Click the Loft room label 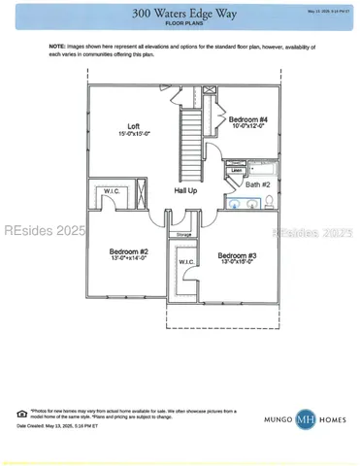pyautogui.click(x=134, y=126)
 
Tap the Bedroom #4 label pyautogui.click(x=247, y=118)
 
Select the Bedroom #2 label pyautogui.click(x=129, y=251)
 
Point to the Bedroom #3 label pyautogui.click(x=238, y=255)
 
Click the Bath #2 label pyautogui.click(x=257, y=183)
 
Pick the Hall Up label pyautogui.click(x=185, y=191)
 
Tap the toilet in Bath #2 pyautogui.click(x=269, y=202)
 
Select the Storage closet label pyautogui.click(x=183, y=235)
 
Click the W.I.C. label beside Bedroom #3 pyautogui.click(x=187, y=261)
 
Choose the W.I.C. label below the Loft pyautogui.click(x=112, y=191)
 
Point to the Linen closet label pyautogui.click(x=236, y=170)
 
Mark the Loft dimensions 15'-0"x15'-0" pyautogui.click(x=134, y=134)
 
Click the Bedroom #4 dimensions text pyautogui.click(x=247, y=126)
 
